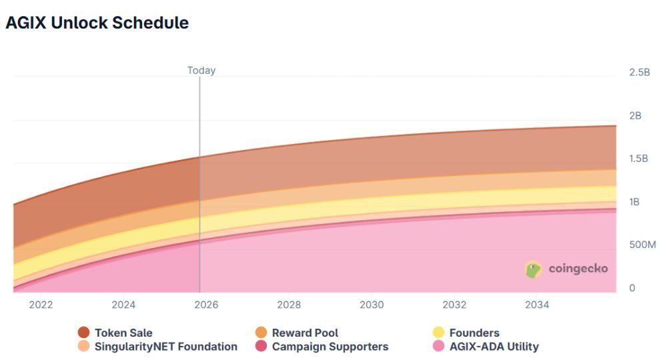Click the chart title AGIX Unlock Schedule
point(97,23)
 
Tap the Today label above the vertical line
point(201,70)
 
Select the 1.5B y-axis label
point(639,159)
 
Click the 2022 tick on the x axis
point(41,305)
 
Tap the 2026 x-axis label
point(206,305)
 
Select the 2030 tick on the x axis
point(372,305)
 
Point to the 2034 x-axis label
point(537,305)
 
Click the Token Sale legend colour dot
point(83,333)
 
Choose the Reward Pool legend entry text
point(305,333)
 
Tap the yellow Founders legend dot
point(438,333)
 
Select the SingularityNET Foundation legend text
point(165,347)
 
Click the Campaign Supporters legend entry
point(329,347)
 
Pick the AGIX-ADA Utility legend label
point(494,347)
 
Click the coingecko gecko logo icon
point(533,269)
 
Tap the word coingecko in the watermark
point(578,269)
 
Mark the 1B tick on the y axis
point(634,202)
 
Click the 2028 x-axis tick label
point(289,305)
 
